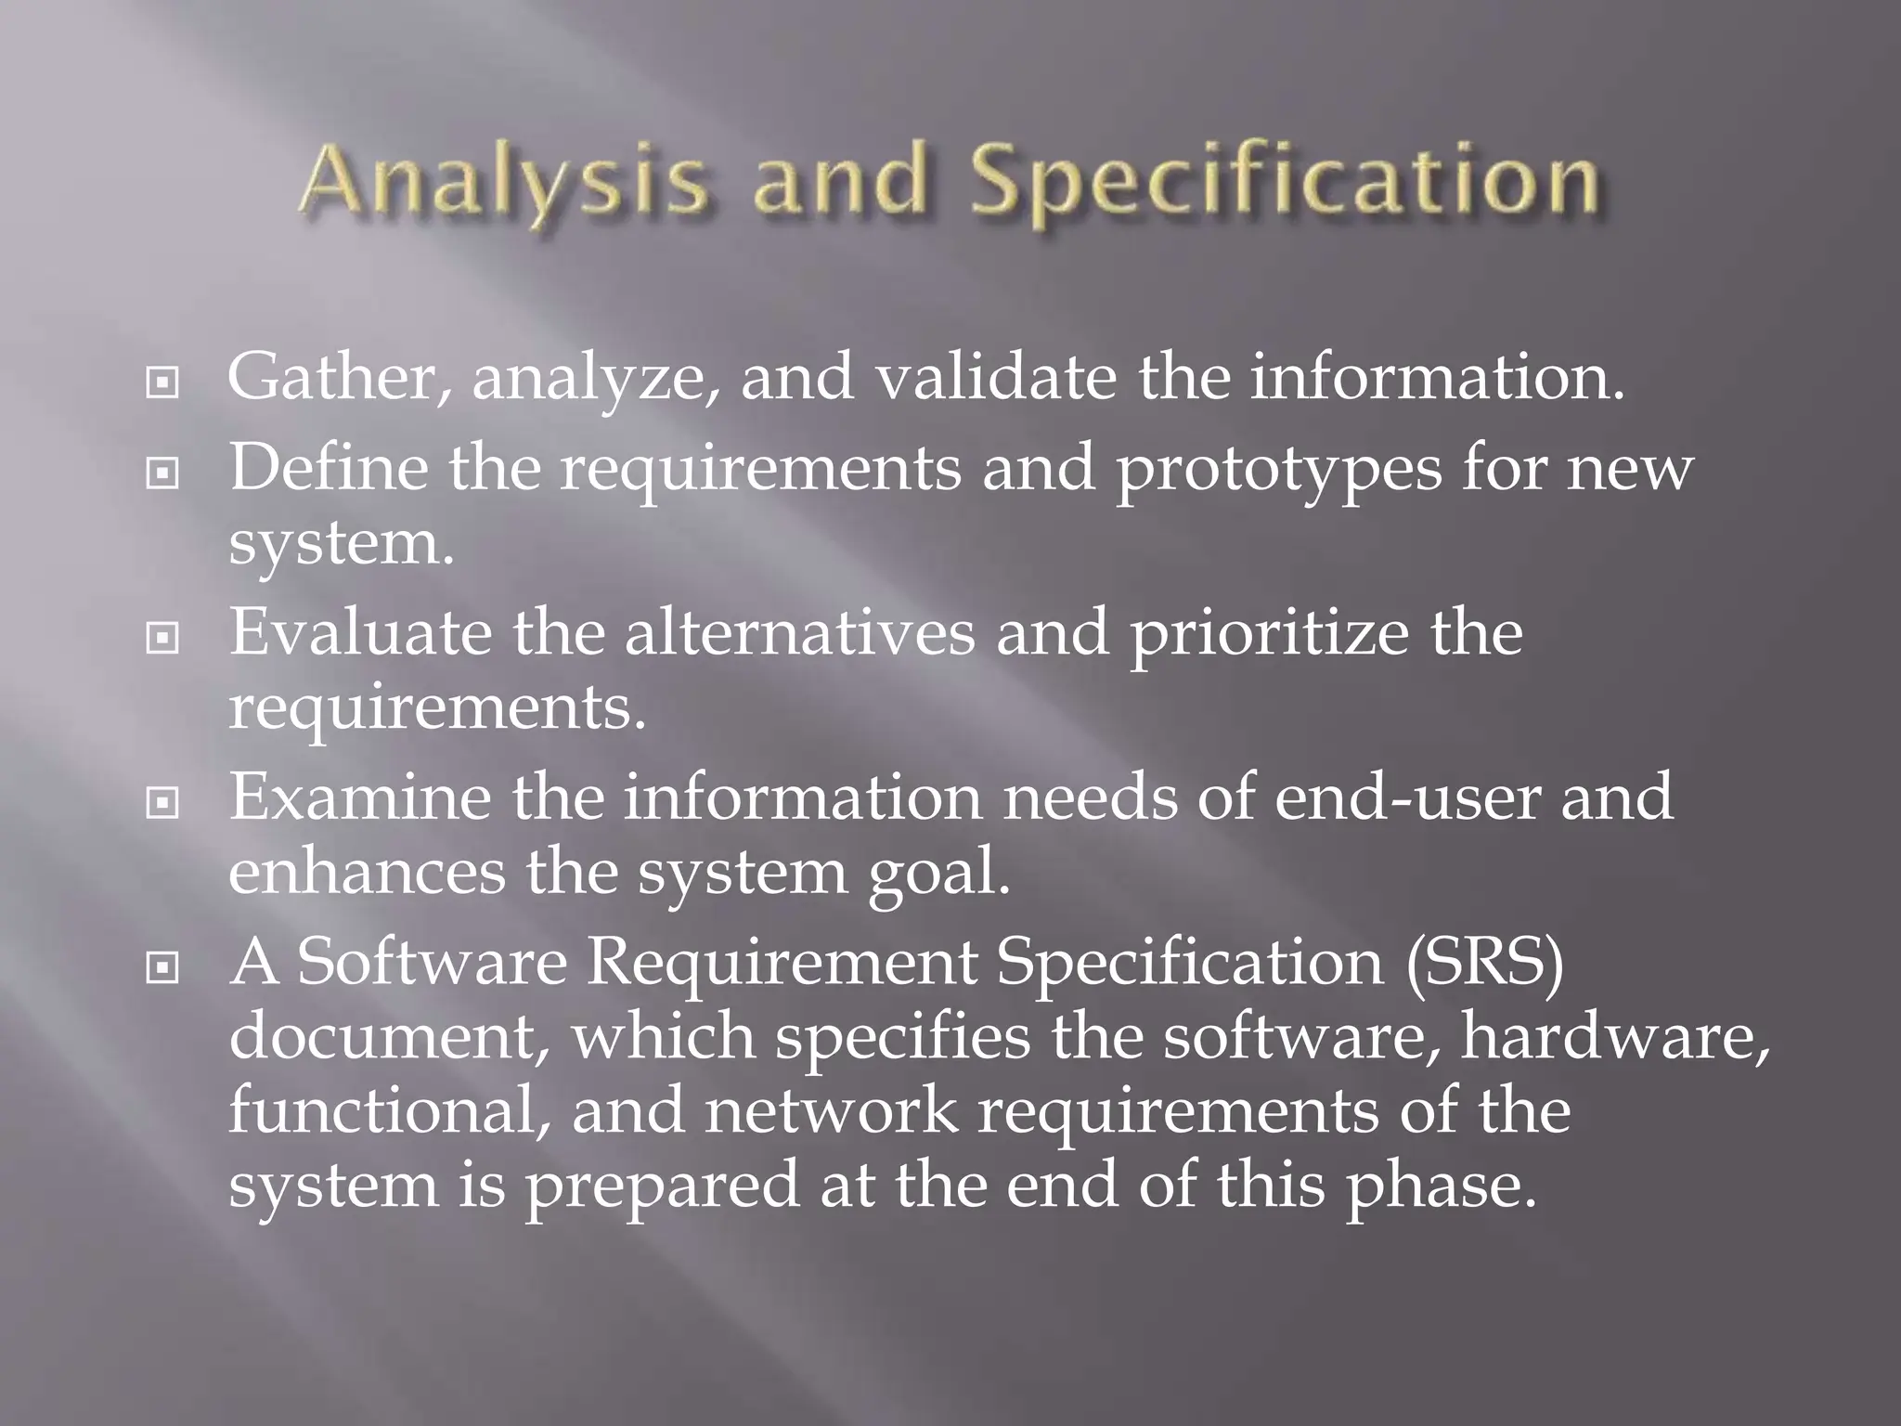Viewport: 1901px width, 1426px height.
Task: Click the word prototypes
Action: (x=1278, y=469)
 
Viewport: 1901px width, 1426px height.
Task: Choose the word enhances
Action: (x=367, y=872)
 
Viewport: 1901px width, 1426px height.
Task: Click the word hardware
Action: (x=1615, y=1037)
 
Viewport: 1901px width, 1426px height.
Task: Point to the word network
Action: (x=831, y=1111)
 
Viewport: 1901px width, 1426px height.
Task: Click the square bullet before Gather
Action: (x=162, y=382)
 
